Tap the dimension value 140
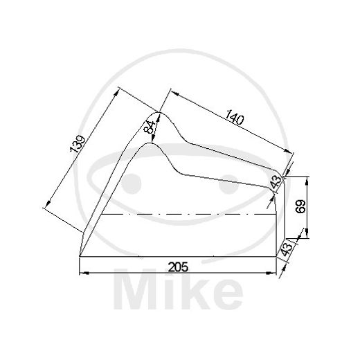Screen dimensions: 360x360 pyautogui.click(x=235, y=118)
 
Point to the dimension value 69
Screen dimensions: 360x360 pyautogui.click(x=300, y=208)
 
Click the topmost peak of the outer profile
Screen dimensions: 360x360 pyautogui.click(x=159, y=112)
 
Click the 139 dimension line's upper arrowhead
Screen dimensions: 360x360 pyautogui.click(x=119, y=89)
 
